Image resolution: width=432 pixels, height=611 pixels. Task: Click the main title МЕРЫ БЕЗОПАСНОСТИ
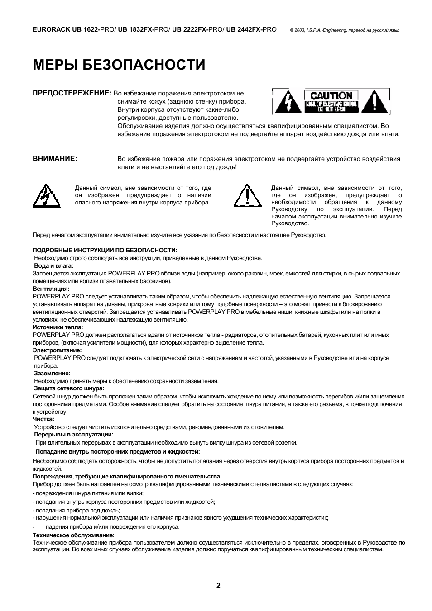click(119, 65)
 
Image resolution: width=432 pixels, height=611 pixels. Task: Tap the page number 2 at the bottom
click(218, 585)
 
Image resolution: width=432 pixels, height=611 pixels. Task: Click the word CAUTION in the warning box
click(331, 95)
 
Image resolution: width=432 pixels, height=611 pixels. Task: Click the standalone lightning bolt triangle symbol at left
click(47, 196)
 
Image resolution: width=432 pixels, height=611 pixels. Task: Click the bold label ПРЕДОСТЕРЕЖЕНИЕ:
click(72, 93)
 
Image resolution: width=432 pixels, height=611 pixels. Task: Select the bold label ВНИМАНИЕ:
click(55, 159)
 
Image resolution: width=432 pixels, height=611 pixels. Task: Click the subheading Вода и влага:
click(53, 266)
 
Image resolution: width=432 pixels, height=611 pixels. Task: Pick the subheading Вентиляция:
click(51, 289)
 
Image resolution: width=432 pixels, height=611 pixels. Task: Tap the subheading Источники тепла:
click(58, 327)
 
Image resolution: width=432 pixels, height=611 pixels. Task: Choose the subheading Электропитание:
click(57, 350)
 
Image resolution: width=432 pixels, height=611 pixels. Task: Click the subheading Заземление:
click(52, 373)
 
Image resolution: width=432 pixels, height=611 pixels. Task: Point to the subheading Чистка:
click(43, 419)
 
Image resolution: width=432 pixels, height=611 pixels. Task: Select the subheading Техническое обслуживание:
click(73, 535)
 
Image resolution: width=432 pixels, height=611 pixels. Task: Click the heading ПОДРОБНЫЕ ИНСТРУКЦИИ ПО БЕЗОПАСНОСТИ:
click(105, 250)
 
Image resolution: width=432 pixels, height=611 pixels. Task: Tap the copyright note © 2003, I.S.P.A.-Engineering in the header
click(344, 30)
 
